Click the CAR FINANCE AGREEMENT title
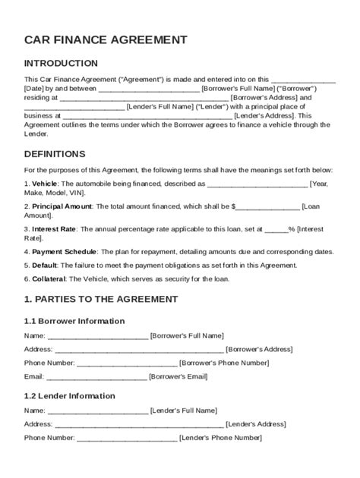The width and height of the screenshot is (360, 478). click(x=106, y=39)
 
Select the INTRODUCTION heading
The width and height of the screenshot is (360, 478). click(x=61, y=63)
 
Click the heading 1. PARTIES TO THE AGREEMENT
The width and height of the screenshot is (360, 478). click(x=100, y=299)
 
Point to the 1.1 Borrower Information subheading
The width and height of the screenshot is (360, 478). click(x=74, y=321)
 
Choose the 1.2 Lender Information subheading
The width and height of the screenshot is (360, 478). click(x=70, y=395)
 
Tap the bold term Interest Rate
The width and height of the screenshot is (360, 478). click(x=54, y=228)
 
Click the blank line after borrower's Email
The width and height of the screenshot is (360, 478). click(x=96, y=376)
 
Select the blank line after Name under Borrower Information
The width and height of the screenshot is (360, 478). click(x=98, y=335)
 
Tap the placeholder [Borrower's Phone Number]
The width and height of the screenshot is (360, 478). click(x=224, y=363)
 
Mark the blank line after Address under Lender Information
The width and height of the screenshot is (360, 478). click(x=139, y=424)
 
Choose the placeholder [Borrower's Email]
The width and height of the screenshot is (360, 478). click(x=178, y=376)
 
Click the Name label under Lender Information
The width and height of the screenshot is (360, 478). click(x=34, y=410)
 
